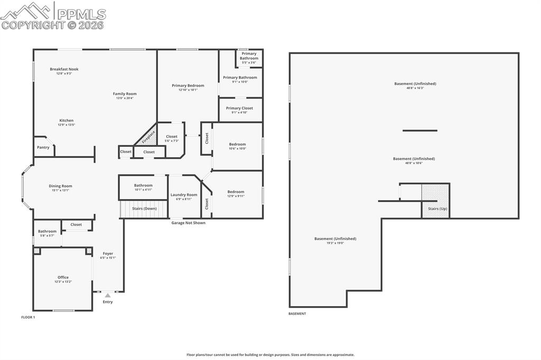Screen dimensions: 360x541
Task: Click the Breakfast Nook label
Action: (64, 69)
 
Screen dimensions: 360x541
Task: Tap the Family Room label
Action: (125, 94)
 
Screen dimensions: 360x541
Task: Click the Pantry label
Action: (43, 147)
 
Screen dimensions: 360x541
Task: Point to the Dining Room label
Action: (60, 186)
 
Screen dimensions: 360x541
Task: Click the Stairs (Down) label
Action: (144, 209)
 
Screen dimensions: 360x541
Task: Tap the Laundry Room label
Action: (184, 195)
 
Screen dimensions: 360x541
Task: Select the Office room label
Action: (63, 277)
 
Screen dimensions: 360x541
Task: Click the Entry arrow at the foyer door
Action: (108, 296)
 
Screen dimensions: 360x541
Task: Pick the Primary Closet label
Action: (239, 108)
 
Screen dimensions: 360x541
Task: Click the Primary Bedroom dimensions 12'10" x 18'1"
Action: (188, 90)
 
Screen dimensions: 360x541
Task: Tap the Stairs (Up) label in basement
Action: (437, 209)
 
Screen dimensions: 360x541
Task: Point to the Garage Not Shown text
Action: (188, 223)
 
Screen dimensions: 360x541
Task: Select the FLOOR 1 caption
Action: (28, 317)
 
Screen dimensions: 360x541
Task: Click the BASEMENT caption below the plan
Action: (297, 314)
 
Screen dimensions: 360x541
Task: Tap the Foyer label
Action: (108, 253)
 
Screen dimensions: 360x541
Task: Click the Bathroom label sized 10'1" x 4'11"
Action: (143, 185)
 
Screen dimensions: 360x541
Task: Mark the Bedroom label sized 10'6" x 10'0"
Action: (237, 144)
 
